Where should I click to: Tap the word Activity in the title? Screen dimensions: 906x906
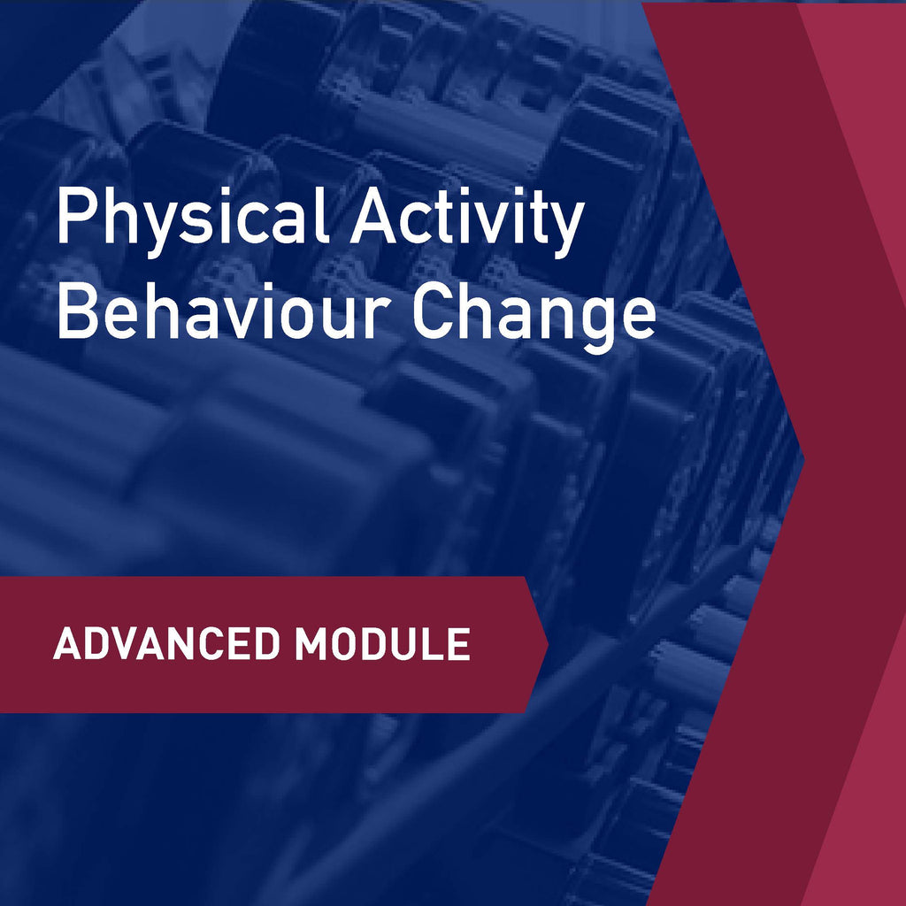(466, 221)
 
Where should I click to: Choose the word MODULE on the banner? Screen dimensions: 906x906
(382, 644)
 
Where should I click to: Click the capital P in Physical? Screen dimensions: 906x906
(74, 219)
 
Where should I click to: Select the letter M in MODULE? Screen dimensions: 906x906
(313, 644)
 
